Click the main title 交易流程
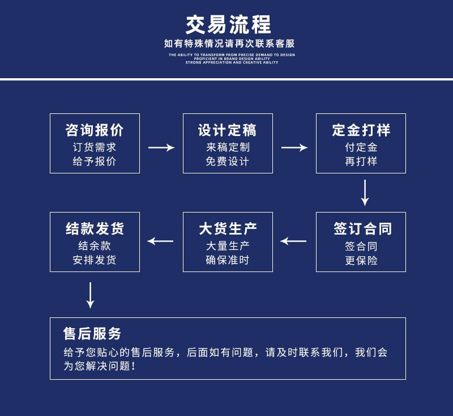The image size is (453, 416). point(229,24)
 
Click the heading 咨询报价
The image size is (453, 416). point(95,130)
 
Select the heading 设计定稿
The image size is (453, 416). point(228,130)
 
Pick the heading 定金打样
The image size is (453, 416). point(361,130)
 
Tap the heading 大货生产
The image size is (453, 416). point(228,229)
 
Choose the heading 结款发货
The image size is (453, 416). point(95,229)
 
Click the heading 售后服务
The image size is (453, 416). point(92,333)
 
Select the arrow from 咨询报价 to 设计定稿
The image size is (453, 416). point(161,147)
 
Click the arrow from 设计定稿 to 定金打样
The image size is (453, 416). point(294,147)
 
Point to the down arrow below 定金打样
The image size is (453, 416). point(365,193)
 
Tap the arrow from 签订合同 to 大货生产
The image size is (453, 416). point(293,241)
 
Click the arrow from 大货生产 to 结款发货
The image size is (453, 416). point(160,241)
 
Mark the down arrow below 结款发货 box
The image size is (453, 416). point(90,295)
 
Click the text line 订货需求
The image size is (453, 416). point(95,147)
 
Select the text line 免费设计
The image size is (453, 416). point(228,161)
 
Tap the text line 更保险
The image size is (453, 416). point(361,261)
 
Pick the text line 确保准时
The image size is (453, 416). point(228,260)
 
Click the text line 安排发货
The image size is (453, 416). point(95,260)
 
